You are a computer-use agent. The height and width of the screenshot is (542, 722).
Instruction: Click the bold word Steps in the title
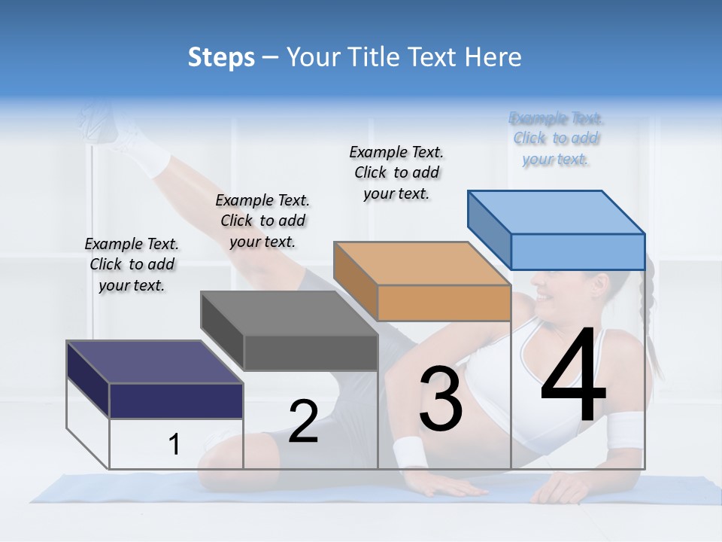coord(221,57)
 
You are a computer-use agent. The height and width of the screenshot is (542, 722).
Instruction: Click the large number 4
coord(573,376)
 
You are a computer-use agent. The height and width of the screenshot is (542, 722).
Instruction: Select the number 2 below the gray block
coord(303,422)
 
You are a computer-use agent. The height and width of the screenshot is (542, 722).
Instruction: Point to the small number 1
coord(174,445)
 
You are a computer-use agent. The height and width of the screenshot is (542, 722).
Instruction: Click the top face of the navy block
coord(154,362)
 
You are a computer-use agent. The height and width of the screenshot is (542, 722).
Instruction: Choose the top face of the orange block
coord(421,263)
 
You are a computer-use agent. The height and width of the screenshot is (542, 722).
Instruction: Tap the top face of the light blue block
coord(556,212)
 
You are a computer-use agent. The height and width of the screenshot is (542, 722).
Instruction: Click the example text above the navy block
coord(132,265)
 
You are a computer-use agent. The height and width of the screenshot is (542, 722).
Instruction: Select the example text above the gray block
coord(262,221)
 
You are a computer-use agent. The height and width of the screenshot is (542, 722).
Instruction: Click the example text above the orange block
coord(396,172)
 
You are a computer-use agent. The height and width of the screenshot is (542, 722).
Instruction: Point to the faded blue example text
coord(556,139)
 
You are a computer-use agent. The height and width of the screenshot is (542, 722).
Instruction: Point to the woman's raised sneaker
coord(105,124)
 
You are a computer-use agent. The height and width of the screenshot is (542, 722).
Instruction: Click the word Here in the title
coord(494,57)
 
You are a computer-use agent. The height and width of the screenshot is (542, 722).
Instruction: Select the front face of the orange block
coord(444,303)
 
